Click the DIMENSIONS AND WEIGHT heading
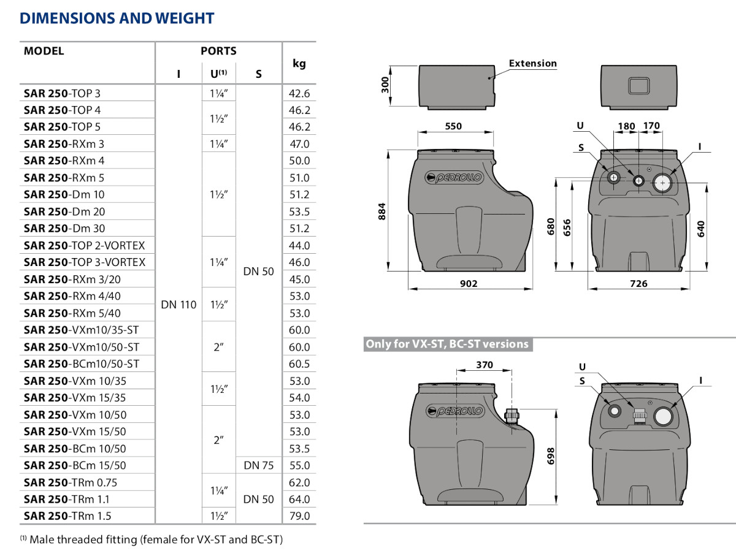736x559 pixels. coord(117,18)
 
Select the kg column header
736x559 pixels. coord(299,63)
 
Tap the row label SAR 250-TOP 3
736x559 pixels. coord(62,93)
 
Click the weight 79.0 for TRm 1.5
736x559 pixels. coord(299,515)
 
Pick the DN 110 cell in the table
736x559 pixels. coord(178,305)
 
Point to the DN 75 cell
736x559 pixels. coord(259,465)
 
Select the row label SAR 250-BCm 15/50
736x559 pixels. coord(75,465)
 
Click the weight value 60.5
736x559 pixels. coord(299,363)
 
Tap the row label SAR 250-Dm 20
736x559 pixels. coord(64,211)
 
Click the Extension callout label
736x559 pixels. coord(532,63)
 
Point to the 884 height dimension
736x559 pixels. coord(383,212)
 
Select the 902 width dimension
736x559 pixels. coord(468,283)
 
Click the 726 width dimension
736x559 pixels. coord(638,283)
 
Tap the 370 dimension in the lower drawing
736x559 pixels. coord(485,365)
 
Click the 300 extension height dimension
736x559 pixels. coord(385,85)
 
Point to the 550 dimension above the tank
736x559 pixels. coord(453,126)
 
